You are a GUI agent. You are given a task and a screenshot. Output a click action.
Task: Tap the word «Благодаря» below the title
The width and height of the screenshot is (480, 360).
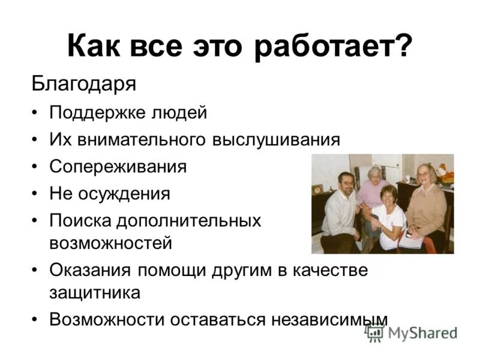coord(84,83)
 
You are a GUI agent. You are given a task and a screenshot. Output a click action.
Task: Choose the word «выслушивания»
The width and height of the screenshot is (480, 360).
coord(276,140)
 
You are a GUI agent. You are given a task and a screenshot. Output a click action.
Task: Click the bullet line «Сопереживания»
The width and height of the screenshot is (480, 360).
coord(118,166)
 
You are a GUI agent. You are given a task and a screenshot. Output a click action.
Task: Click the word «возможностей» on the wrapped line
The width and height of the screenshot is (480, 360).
coord(111,243)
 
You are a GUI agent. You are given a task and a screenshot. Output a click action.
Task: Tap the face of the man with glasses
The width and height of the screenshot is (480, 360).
coord(346,182)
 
